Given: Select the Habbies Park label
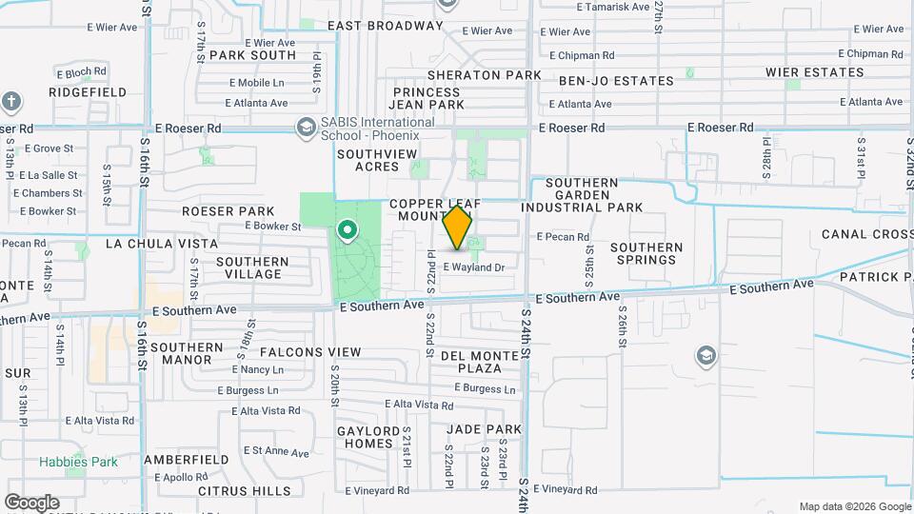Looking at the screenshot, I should (x=78, y=463).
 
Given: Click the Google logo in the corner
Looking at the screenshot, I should (x=31, y=503).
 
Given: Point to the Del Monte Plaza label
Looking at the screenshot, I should (x=480, y=362).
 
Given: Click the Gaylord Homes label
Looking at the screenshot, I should (x=368, y=437).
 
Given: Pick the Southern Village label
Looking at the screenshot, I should (x=252, y=267).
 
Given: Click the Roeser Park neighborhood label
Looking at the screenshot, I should (x=228, y=211).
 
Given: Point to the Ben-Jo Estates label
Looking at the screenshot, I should (x=616, y=81).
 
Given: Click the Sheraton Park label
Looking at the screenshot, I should (x=484, y=75).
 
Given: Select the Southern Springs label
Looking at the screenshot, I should (x=648, y=253).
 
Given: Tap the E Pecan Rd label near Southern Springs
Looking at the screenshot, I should (x=563, y=237).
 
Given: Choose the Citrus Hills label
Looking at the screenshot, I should (x=244, y=491).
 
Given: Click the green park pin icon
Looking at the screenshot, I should (x=348, y=230).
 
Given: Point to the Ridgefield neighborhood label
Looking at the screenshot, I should (x=88, y=92).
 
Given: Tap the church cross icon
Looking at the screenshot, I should (x=10, y=102).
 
